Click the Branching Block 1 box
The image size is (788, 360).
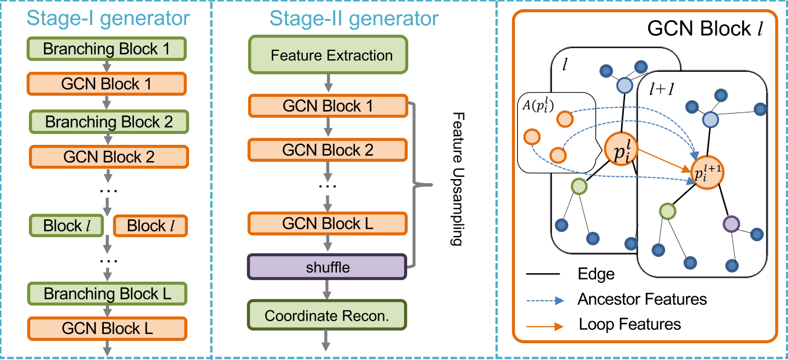(107, 49)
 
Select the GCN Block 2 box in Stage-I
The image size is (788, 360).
(108, 157)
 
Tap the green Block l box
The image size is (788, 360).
(66, 226)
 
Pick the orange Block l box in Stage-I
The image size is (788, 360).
(150, 226)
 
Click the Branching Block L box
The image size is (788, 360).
(108, 293)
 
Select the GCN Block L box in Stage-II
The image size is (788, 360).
(328, 223)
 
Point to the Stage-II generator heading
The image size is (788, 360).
(354, 18)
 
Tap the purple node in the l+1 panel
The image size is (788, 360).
(731, 224)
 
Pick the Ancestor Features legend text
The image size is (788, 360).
(642, 299)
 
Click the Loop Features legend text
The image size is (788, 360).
(630, 323)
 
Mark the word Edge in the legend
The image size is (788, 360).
(595, 274)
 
